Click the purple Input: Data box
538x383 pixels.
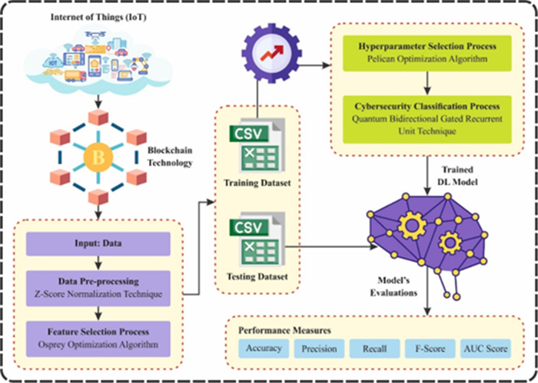click(97, 245)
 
